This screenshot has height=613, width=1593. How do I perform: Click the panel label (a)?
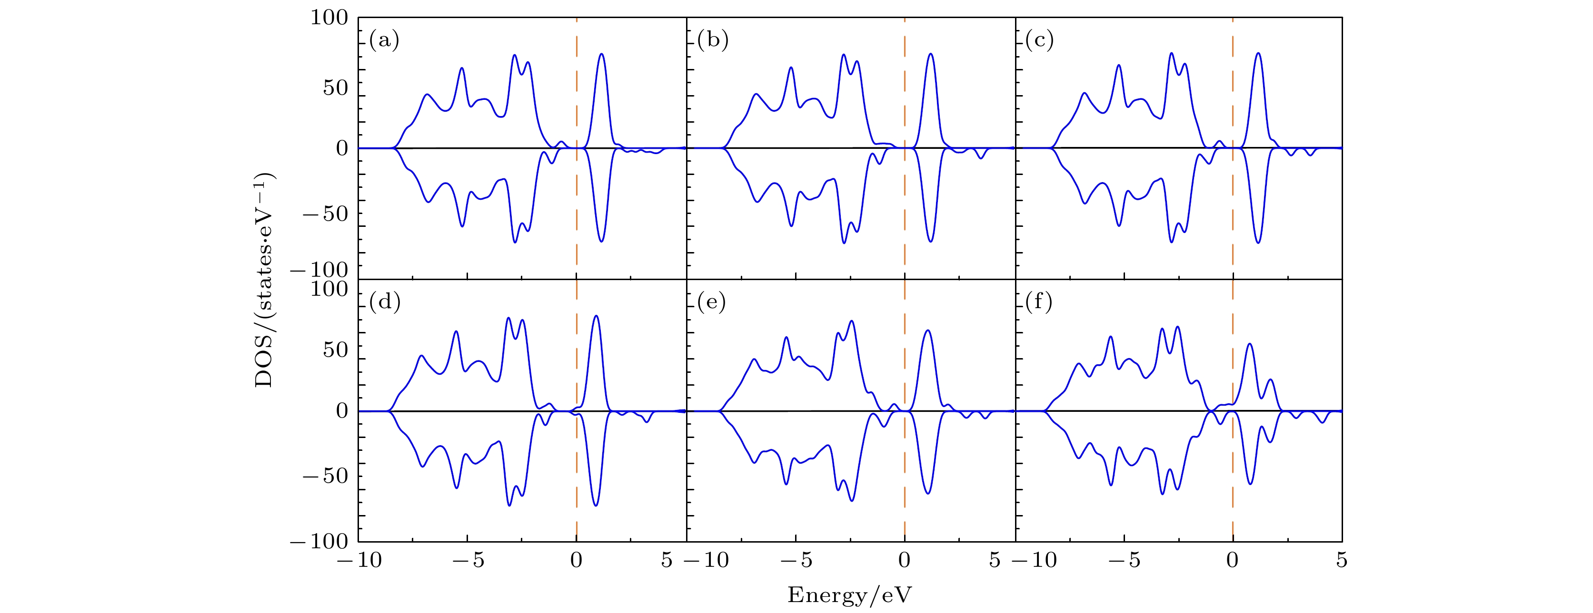[384, 41]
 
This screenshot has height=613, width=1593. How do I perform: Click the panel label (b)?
[712, 41]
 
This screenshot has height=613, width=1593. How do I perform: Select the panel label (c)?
[1039, 41]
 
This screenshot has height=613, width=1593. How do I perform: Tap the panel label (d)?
[385, 302]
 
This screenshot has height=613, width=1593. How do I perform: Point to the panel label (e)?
[712, 302]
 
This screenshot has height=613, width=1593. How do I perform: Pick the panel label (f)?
[1039, 302]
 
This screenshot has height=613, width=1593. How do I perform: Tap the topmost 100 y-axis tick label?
[329, 18]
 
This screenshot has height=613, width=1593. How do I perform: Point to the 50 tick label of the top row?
[336, 88]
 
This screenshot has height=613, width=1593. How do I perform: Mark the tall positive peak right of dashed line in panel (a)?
[601, 55]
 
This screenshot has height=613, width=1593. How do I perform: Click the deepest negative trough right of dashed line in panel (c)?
[1258, 242]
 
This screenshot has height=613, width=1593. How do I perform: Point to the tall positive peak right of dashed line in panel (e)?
[927, 331]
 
